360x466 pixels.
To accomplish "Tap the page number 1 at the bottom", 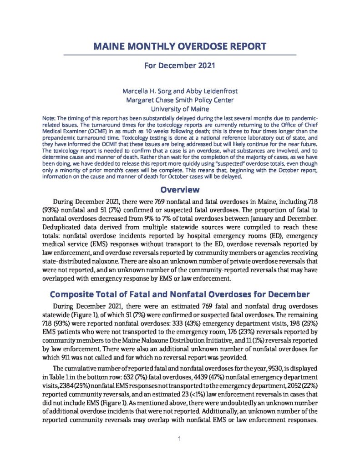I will (x=180, y=439).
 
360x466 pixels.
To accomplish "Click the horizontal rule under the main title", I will (x=179, y=55).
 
